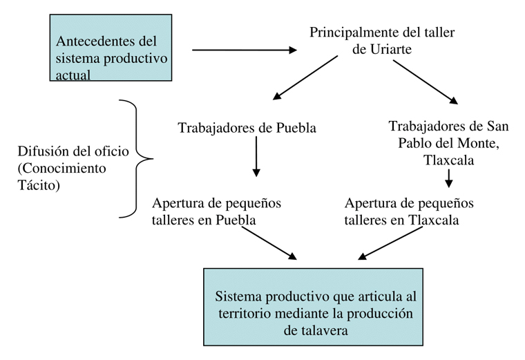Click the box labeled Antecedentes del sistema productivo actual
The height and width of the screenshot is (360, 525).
[x=111, y=48]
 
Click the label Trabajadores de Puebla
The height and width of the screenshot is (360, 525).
[x=247, y=128]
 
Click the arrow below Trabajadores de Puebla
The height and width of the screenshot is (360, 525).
[x=256, y=155]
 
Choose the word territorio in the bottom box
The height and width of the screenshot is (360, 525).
[x=244, y=313]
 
